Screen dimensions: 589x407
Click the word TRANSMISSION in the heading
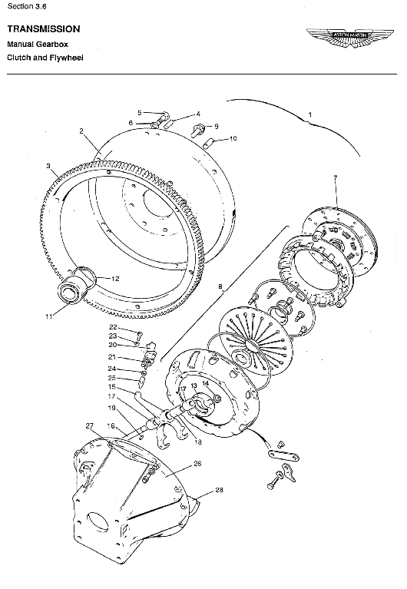(x=43, y=28)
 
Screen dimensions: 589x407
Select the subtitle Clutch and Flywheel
(x=45, y=58)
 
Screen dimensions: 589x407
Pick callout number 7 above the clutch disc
(x=336, y=178)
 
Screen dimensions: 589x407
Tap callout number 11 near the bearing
(x=49, y=316)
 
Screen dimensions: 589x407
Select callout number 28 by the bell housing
(x=219, y=489)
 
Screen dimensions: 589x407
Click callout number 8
(x=220, y=288)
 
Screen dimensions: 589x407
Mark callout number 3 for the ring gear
(x=48, y=165)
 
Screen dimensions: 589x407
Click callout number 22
(x=112, y=327)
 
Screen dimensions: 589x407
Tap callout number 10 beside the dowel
(x=233, y=138)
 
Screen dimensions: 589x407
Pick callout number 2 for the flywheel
(x=81, y=131)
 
